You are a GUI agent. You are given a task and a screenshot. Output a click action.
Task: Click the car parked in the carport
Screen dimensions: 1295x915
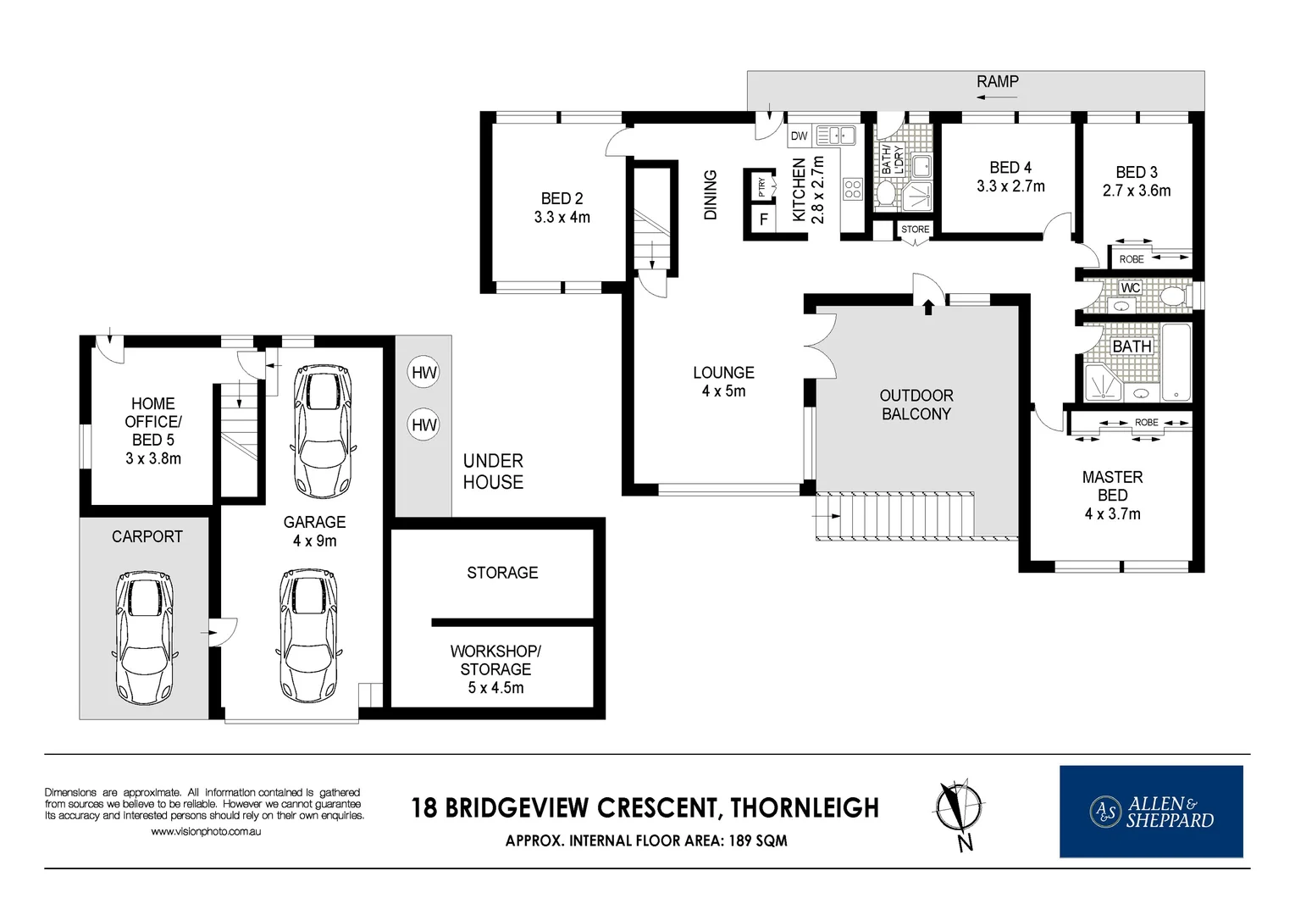pos(145,637)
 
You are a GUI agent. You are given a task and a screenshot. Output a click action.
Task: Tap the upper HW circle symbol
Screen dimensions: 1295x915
pos(423,373)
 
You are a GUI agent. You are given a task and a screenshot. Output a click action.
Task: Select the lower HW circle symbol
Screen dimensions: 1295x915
pos(423,425)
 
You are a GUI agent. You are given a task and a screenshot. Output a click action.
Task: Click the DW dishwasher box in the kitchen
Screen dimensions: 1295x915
pos(799,136)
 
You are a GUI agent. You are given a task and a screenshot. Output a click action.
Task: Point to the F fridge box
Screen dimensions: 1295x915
pos(764,219)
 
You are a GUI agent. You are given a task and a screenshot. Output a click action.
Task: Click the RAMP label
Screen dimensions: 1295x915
pos(997,82)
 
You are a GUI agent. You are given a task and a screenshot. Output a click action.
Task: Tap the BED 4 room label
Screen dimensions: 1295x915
pos(1010,168)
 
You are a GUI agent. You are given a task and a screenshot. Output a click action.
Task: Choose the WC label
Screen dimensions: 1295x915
pos(1130,288)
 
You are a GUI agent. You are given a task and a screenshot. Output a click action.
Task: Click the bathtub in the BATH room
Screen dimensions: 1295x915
pos(1176,362)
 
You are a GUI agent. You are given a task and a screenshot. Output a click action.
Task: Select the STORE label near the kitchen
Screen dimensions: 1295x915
pos(916,230)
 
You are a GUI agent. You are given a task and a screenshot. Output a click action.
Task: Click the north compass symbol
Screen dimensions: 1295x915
pos(959,814)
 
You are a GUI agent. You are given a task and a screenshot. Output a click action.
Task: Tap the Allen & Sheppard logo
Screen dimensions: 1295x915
pos(1151,812)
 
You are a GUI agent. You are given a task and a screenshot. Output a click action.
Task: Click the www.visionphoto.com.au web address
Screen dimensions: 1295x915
pos(206,832)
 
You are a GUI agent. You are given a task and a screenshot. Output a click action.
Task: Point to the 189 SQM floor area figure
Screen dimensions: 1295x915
pos(758,840)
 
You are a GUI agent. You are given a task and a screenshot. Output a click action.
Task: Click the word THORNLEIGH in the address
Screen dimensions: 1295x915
pos(805,807)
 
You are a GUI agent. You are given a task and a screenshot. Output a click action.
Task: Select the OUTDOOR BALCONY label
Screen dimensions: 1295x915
pos(916,405)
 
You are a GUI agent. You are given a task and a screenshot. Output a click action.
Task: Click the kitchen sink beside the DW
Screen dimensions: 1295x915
pos(835,136)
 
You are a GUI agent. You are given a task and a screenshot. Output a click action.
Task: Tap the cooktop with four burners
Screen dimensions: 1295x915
pos(853,189)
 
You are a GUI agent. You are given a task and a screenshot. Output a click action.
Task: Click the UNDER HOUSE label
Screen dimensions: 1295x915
pos(493,471)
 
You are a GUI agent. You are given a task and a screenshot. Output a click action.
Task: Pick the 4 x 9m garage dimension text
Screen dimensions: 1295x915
pos(314,541)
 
